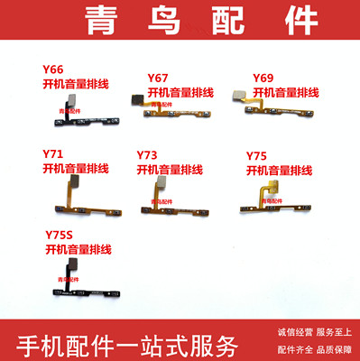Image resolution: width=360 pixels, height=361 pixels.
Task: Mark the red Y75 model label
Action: click(x=260, y=156)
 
